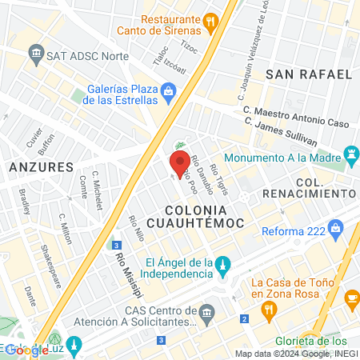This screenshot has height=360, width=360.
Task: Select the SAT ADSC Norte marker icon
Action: tap(36, 54)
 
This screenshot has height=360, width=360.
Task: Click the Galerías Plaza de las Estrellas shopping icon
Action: tap(168, 94)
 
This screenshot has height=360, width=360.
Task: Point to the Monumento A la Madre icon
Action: tap(350, 152)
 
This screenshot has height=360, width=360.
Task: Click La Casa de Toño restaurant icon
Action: tap(352, 298)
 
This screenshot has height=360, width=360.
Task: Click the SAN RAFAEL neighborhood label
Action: tap(309, 74)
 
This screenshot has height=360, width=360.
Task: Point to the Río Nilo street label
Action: tap(136, 231)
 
